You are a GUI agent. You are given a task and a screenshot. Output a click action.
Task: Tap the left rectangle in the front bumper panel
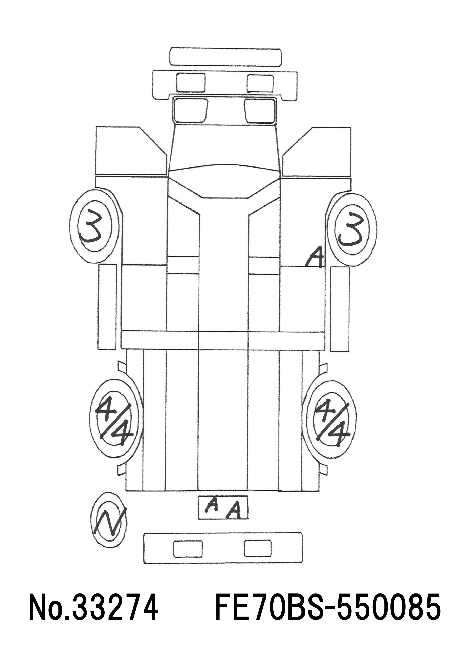[191, 83]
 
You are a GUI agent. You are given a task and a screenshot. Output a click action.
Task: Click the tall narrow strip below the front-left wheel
[107, 307]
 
